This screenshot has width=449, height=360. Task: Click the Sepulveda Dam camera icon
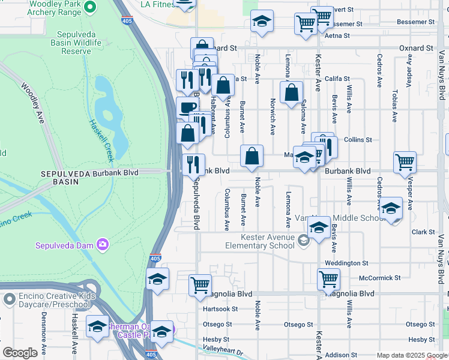click(103, 244)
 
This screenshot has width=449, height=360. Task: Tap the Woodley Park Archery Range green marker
click(90, 7)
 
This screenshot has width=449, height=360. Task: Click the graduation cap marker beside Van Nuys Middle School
click(391, 208)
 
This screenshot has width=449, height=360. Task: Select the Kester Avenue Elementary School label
click(260, 241)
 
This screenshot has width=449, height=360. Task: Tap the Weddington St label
click(346, 263)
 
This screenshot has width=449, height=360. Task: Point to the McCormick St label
click(379, 278)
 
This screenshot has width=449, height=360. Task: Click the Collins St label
click(358, 140)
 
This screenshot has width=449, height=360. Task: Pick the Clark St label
click(423, 232)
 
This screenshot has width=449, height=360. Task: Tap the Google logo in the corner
click(19, 352)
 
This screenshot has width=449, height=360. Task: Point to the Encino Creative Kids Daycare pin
click(8, 299)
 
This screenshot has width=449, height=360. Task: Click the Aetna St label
click(338, 36)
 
